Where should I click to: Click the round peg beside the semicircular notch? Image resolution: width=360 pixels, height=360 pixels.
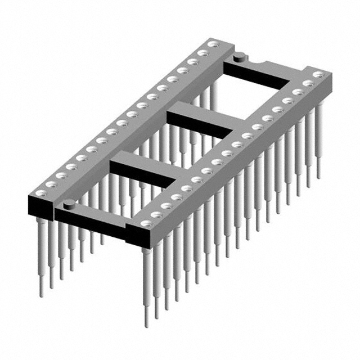pyautogui.click(x=239, y=56)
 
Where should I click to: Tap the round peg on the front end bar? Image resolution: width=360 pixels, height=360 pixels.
pyautogui.click(x=68, y=203)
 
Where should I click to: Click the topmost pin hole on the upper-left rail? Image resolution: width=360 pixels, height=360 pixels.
pyautogui.click(x=212, y=44)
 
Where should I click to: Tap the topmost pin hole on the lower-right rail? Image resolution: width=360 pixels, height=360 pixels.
pyautogui.click(x=318, y=74)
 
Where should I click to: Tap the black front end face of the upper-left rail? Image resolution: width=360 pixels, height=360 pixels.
pyautogui.click(x=39, y=208)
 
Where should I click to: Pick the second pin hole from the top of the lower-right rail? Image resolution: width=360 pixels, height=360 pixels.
pyautogui.click(x=308, y=83)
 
